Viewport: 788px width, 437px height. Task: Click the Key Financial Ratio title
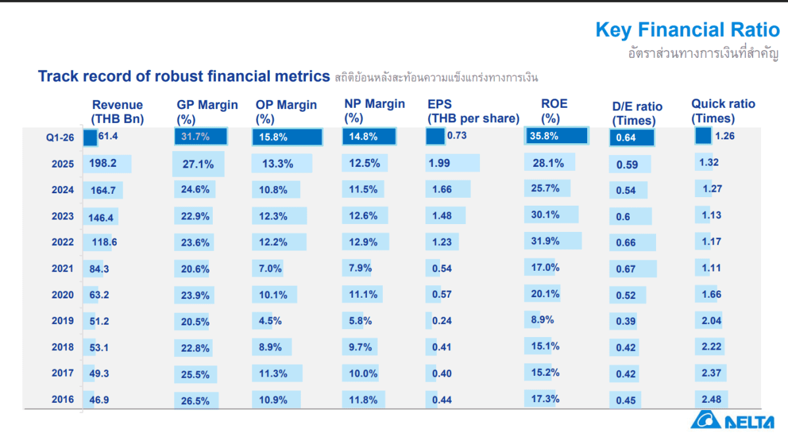(x=687, y=30)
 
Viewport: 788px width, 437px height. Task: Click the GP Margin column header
(x=207, y=112)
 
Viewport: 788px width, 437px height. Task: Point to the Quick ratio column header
(x=723, y=110)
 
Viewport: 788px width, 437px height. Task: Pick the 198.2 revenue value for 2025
(x=104, y=164)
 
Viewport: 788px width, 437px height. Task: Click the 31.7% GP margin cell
(x=196, y=137)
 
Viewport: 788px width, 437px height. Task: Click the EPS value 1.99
(x=439, y=163)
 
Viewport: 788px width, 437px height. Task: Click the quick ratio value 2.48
(x=711, y=399)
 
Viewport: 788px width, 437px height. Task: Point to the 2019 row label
(x=63, y=321)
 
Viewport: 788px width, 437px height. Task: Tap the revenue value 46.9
(x=100, y=399)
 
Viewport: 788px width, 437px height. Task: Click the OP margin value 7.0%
(x=271, y=268)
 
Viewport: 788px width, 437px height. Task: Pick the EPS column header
(x=473, y=111)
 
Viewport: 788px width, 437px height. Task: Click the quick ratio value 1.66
(x=711, y=294)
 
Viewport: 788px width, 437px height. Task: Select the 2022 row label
(x=63, y=242)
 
